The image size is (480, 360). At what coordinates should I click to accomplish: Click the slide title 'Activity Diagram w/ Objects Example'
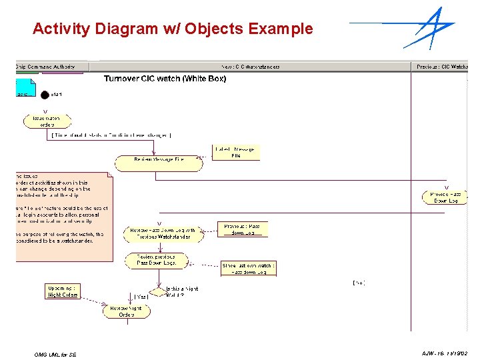pos(172,29)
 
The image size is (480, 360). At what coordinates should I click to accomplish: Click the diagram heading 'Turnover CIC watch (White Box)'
pos(165,79)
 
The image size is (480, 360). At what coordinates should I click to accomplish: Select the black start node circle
pos(45,95)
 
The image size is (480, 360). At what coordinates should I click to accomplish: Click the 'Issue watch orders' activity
pos(47,121)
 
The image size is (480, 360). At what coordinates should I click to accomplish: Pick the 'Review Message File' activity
pos(158,160)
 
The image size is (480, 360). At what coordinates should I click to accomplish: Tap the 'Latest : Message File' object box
pos(235,153)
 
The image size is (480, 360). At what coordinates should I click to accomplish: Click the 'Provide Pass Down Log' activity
pos(445,197)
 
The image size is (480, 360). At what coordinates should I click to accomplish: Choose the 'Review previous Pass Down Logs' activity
pos(157,260)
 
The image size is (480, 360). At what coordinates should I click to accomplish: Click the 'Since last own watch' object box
pos(248,269)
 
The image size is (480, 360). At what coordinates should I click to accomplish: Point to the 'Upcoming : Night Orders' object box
pos(63,291)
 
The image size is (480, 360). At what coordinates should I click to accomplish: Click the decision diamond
pos(158,292)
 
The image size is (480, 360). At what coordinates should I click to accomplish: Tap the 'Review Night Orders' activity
pos(127,311)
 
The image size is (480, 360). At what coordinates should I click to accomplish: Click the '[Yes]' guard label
pos(140,296)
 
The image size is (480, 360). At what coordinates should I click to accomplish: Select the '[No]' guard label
pos(358,283)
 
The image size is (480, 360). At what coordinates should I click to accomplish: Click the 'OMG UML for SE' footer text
pos(55,355)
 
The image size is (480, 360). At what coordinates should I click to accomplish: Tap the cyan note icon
pos(25,87)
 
